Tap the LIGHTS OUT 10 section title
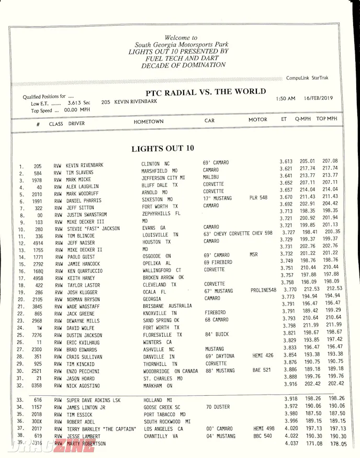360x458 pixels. pos(162,149)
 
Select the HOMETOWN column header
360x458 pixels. pos(148,121)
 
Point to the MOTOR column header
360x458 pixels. pos(257,120)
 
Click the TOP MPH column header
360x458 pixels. pos(327,119)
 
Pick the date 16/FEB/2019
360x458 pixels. pos(319,98)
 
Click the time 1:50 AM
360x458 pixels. pos(285,98)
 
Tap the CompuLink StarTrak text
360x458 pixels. pos(307,78)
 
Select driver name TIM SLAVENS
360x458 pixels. pos(80,173)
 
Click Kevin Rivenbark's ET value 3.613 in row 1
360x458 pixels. pos(286,162)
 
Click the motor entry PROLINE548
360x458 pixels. pos(263,290)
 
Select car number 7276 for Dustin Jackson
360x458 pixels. pos(37,335)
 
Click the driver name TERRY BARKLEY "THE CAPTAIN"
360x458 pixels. pos(100,429)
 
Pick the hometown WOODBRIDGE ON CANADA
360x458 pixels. pos(171,371)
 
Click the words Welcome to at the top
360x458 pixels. pos(181,38)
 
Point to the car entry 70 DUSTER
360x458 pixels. pos(218,407)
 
